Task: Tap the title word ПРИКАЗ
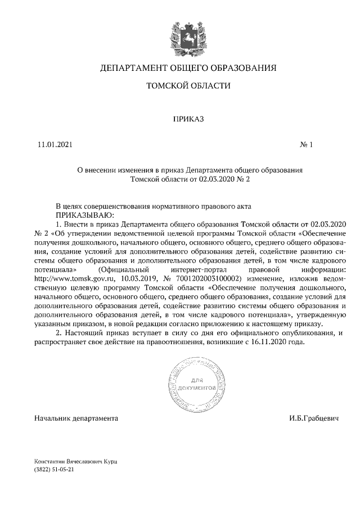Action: coord(188,119)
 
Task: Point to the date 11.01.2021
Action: coord(55,145)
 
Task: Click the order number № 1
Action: coord(307,145)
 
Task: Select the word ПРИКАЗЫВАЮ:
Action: coord(84,215)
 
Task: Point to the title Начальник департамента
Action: coord(76,419)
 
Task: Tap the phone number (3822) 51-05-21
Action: coord(55,469)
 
